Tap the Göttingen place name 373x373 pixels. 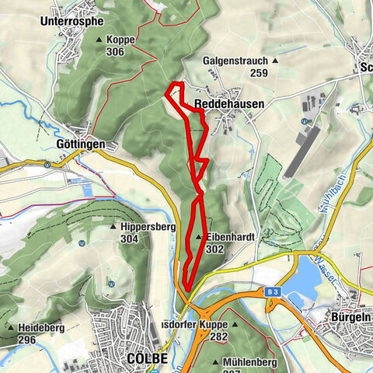pos(81,145)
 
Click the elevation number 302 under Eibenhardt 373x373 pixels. pos(216,249)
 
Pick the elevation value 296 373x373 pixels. pos(26,340)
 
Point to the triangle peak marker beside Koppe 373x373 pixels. pos(99,39)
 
